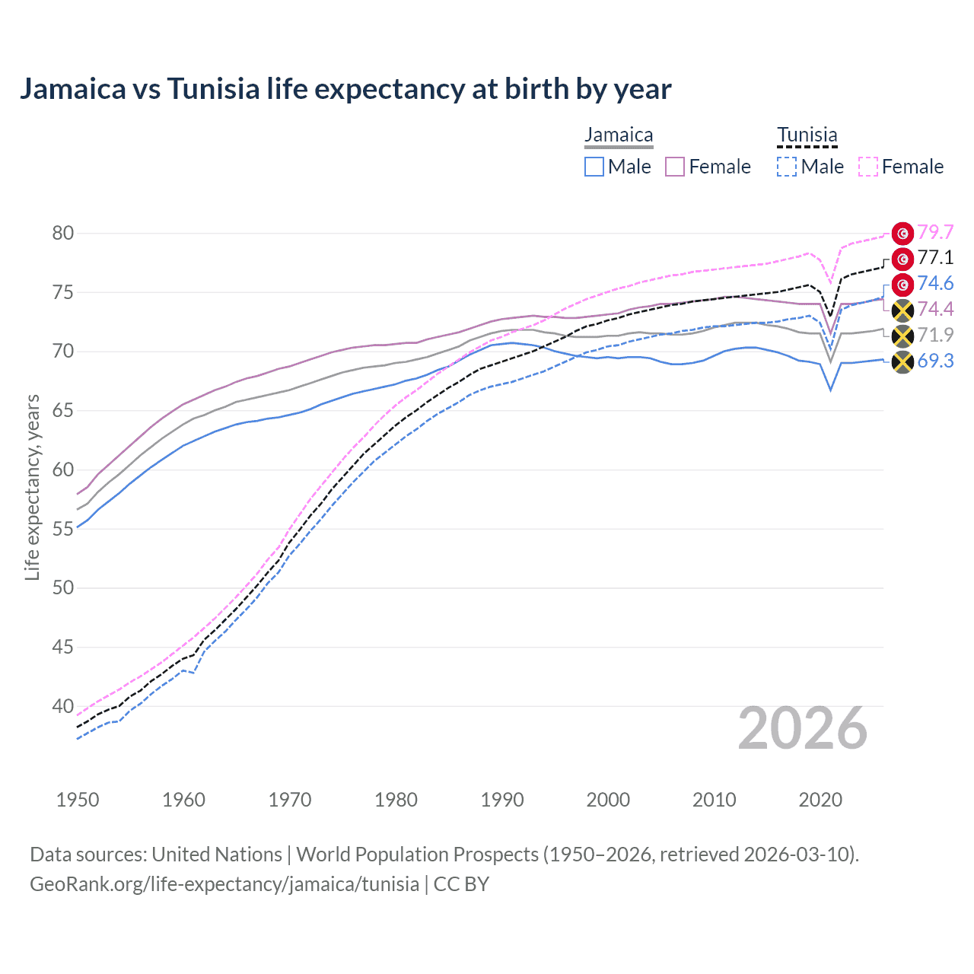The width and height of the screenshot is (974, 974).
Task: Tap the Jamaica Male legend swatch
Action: click(594, 167)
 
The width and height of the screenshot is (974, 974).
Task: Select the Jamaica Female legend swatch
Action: click(675, 167)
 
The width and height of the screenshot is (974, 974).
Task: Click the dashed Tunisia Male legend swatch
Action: click(787, 167)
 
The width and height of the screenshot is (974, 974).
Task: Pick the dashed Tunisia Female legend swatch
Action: click(868, 167)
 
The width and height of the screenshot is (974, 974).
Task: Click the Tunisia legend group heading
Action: click(807, 135)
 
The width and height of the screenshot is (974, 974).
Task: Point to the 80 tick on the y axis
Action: click(63, 234)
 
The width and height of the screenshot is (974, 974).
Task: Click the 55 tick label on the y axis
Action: click(63, 529)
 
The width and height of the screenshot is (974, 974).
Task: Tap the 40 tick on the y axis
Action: click(63, 707)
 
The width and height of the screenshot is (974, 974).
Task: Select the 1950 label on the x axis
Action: click(78, 800)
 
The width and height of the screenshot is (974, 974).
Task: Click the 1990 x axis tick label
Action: click(502, 800)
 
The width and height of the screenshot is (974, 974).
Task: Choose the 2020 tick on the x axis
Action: click(820, 800)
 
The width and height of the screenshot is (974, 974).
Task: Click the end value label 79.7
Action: click(935, 232)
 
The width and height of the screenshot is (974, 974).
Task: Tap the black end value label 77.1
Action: click(935, 258)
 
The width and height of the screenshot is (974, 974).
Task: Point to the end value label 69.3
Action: click(935, 361)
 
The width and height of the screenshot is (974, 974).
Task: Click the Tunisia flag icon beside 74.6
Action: click(902, 285)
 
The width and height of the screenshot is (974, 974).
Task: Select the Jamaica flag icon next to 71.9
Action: click(902, 336)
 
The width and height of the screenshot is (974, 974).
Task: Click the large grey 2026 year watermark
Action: click(803, 729)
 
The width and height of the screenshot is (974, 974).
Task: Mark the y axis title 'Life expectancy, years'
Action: click(32, 487)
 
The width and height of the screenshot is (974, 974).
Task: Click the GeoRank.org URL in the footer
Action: click(224, 884)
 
